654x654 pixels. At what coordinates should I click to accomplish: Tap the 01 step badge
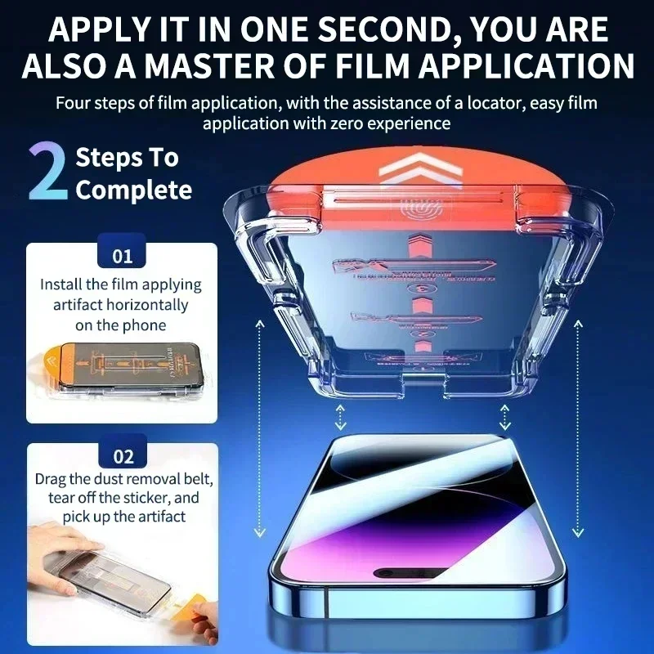tap(122, 256)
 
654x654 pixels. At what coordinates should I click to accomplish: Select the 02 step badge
tap(122, 457)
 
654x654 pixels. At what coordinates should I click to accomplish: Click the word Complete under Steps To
tap(133, 190)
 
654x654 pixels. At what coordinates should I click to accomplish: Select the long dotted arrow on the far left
tap(258, 425)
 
